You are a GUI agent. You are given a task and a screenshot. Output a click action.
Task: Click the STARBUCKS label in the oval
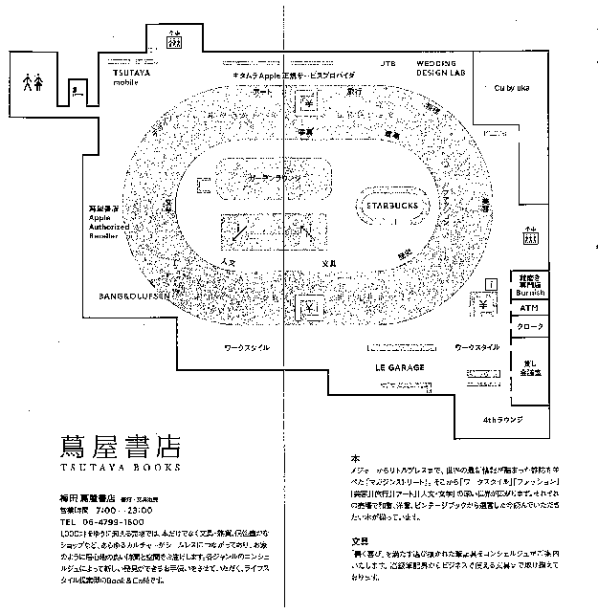coord(390,204)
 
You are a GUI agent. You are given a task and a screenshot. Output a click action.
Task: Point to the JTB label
coord(388,63)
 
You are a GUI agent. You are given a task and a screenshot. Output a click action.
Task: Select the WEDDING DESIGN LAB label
coord(441,69)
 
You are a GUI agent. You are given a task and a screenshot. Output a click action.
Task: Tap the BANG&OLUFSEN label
coord(133,296)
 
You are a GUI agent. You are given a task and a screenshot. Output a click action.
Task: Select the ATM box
coord(530,308)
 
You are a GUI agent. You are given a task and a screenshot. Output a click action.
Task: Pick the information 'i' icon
coord(491,284)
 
